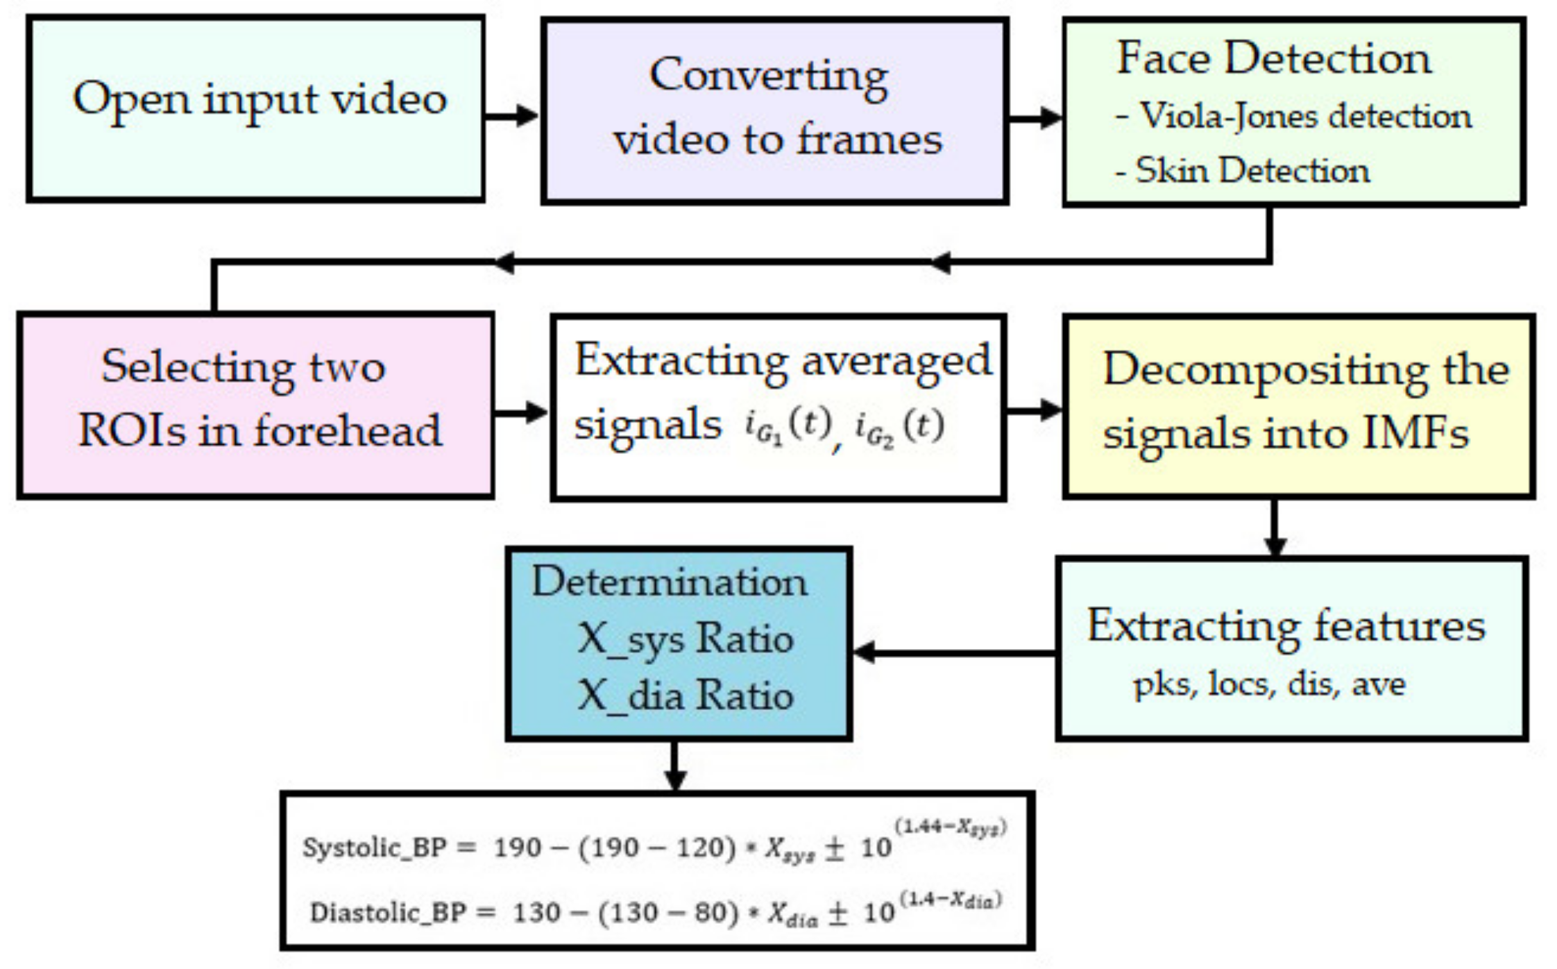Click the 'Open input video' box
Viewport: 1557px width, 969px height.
coord(255,109)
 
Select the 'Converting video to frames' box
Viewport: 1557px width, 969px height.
coord(774,111)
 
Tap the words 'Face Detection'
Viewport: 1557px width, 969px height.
coord(1274,58)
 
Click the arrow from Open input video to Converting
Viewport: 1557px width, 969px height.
coord(512,115)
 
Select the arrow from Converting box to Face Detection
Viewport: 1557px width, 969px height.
coord(1035,118)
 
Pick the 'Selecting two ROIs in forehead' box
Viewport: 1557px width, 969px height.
coord(255,405)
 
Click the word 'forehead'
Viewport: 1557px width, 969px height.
coord(348,431)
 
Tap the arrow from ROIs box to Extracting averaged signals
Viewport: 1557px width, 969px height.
coord(521,412)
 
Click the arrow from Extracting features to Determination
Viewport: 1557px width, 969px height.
coord(954,652)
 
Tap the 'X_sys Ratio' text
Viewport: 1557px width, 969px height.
coord(685,639)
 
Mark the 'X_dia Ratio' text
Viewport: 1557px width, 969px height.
coord(685,696)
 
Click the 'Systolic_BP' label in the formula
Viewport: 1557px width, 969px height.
coord(375,848)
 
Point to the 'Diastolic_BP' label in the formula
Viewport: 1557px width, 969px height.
coord(388,912)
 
